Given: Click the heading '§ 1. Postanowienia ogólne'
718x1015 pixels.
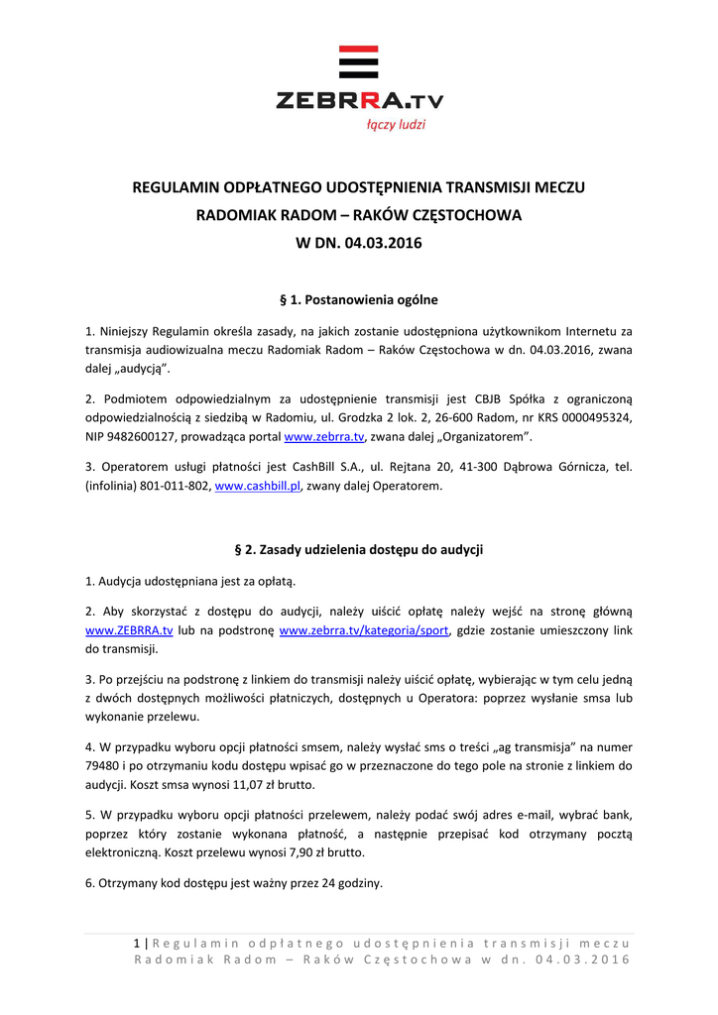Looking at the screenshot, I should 359,298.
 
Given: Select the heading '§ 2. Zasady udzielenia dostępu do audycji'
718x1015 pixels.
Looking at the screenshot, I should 358,548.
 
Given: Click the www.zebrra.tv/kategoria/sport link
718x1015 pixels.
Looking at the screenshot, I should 364,630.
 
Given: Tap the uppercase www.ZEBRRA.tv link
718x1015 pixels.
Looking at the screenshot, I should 129,630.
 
